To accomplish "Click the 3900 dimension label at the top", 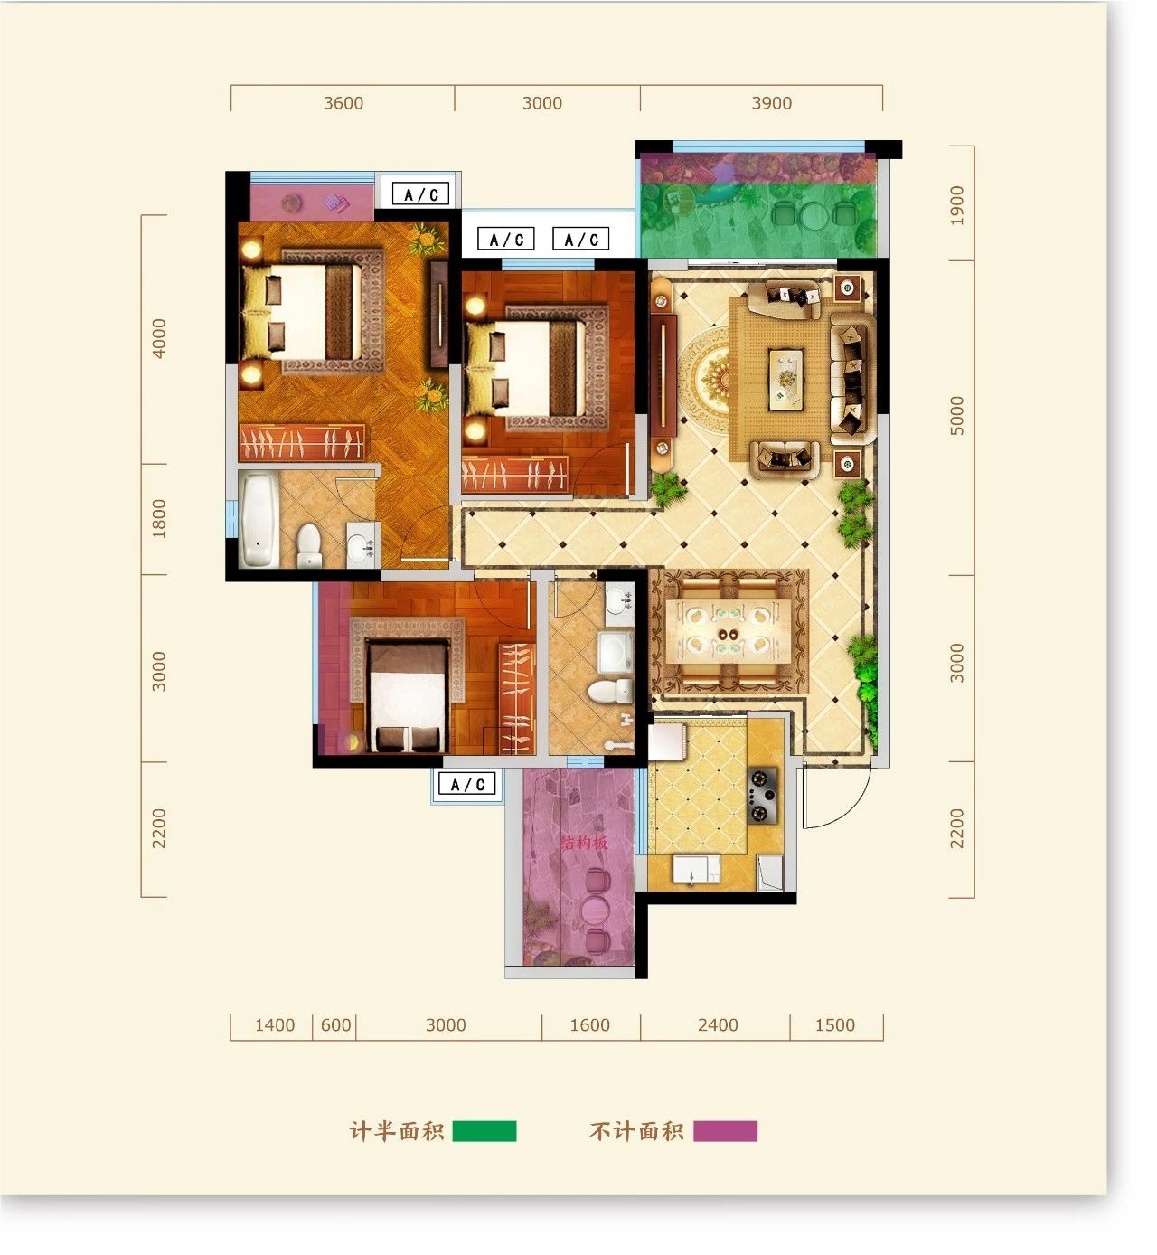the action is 771,103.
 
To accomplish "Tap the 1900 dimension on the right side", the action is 956,205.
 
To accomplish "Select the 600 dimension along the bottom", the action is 335,1024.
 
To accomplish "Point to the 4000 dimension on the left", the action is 158,338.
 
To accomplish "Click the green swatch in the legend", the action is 484,1130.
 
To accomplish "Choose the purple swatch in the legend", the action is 725,1130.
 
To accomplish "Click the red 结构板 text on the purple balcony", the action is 585,843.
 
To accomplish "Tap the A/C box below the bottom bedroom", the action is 467,784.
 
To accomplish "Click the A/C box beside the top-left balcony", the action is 421,194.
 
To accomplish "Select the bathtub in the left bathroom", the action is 259,520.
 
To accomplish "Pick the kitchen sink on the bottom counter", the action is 696,868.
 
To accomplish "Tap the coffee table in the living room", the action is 786,379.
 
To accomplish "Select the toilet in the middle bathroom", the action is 610,690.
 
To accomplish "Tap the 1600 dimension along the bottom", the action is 589,1024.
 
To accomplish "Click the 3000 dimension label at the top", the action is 541,103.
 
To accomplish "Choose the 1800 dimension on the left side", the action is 158,519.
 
